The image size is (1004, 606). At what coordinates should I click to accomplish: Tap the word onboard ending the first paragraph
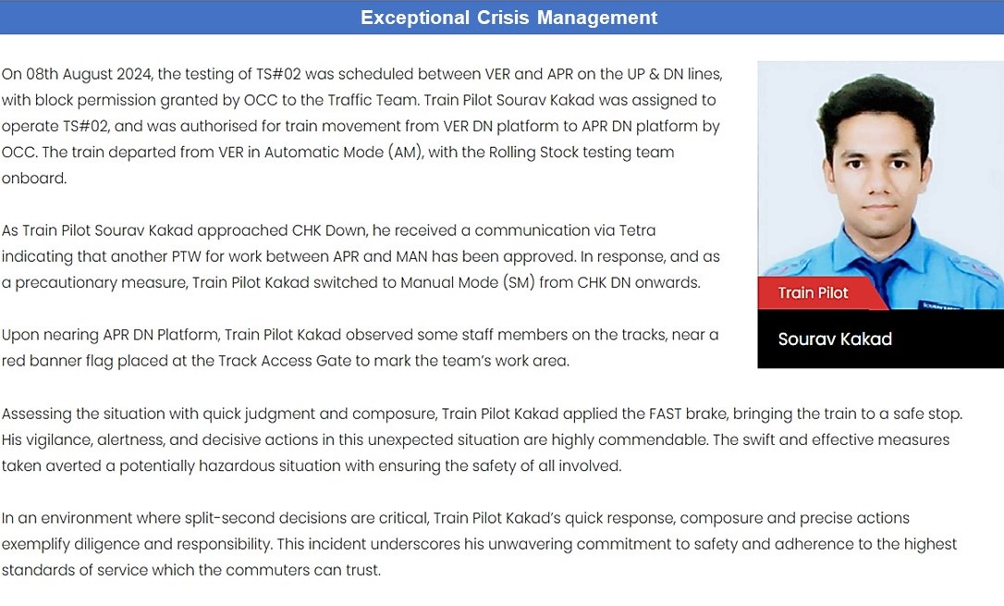point(33,178)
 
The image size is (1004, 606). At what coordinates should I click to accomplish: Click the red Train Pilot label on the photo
point(813,293)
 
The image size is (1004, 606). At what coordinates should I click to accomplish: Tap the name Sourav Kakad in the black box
point(835,339)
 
